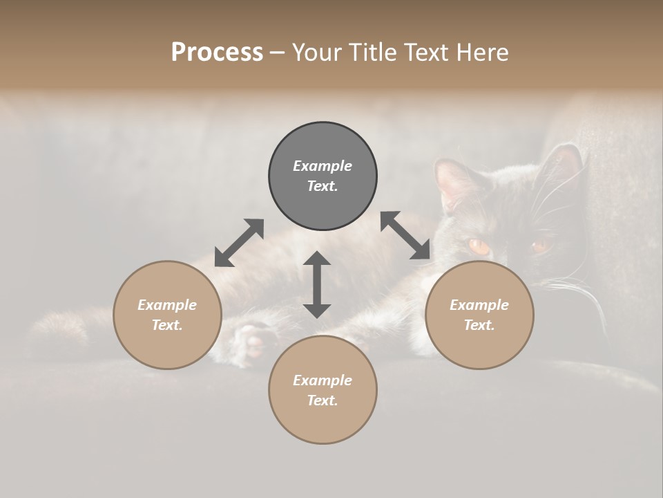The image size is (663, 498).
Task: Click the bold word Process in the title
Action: tap(217, 53)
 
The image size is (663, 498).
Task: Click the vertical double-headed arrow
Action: tap(317, 284)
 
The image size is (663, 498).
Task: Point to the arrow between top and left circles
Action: tap(239, 243)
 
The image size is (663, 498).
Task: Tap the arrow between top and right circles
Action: tap(405, 236)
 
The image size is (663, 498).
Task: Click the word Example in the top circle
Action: tap(323, 166)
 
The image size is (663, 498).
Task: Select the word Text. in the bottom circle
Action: tap(323, 400)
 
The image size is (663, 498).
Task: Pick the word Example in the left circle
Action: tap(167, 305)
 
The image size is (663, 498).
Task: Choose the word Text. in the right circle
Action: tap(479, 325)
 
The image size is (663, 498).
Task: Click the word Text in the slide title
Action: tap(428, 53)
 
